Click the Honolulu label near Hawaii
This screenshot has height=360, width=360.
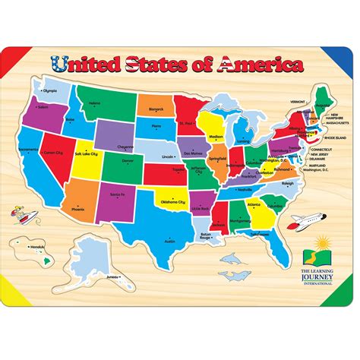pyautogui.click(x=36, y=248)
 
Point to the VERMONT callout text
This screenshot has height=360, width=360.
pyautogui.click(x=298, y=101)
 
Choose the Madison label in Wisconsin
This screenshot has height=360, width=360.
pyautogui.click(x=216, y=137)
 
